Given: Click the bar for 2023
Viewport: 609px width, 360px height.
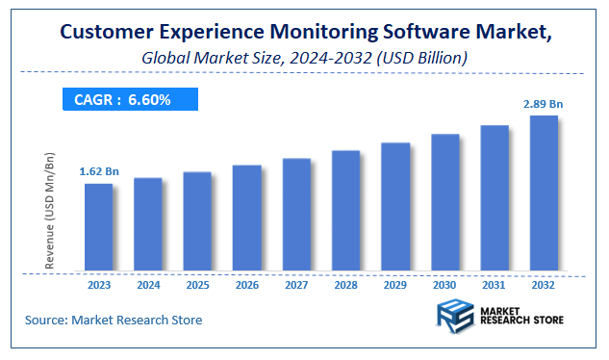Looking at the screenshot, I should coord(98,227).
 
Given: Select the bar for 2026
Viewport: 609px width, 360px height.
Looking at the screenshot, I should coord(246,218).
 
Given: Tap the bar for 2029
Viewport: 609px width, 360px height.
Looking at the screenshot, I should coord(394,207).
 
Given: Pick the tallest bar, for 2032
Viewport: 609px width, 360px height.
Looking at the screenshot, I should coord(544,193).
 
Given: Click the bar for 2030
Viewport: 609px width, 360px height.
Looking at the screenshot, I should coord(444,202).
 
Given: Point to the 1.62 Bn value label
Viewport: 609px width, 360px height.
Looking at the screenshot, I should coord(98,171).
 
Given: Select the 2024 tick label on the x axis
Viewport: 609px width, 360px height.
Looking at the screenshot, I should coord(147,285).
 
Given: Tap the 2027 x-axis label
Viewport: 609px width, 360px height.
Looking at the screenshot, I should coord(296,285).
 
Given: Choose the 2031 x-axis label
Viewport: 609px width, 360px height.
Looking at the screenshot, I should coord(495,285).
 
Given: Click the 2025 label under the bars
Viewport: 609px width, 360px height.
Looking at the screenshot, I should coord(197,285).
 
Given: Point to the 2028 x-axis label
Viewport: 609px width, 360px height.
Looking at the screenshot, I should coord(345,285).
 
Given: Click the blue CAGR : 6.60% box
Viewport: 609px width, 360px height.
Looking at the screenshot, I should coord(129,99).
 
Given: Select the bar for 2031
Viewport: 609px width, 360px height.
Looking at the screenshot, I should coord(495,198).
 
